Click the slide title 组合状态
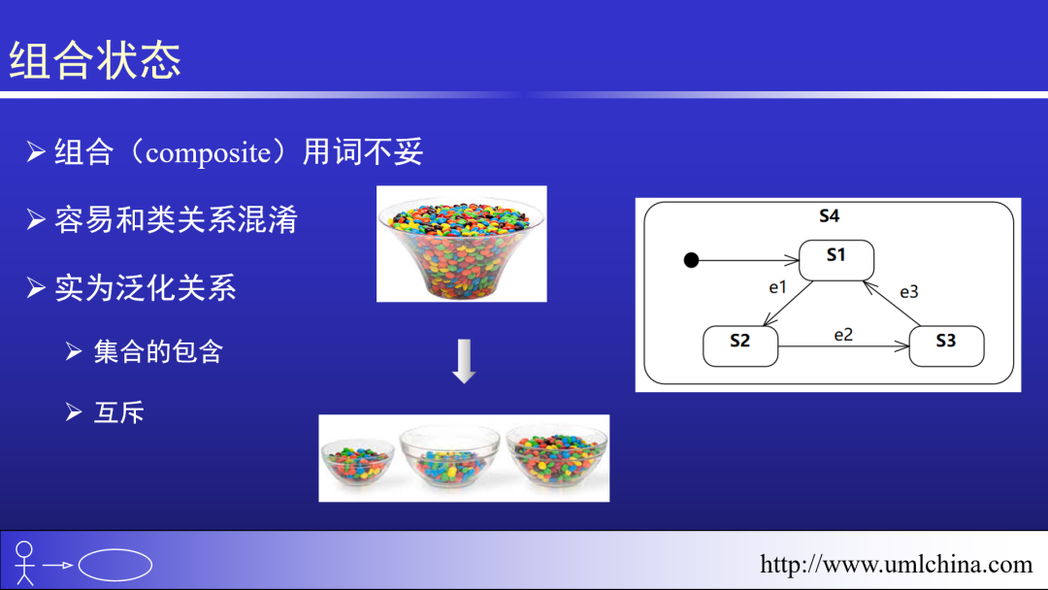(95, 60)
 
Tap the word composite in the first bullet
(207, 153)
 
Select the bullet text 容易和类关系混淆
(176, 220)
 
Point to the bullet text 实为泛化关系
(146, 288)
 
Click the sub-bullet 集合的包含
(158, 351)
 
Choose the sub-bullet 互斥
(119, 412)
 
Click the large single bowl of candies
(462, 244)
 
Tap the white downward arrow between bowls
(464, 361)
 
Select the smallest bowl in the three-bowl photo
(358, 462)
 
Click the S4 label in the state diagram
(829, 216)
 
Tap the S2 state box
(740, 345)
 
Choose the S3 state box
(946, 345)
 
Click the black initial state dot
(691, 260)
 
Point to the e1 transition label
(777, 287)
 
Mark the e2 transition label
(843, 334)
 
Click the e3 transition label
(908, 291)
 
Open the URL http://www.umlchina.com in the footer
(896, 564)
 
